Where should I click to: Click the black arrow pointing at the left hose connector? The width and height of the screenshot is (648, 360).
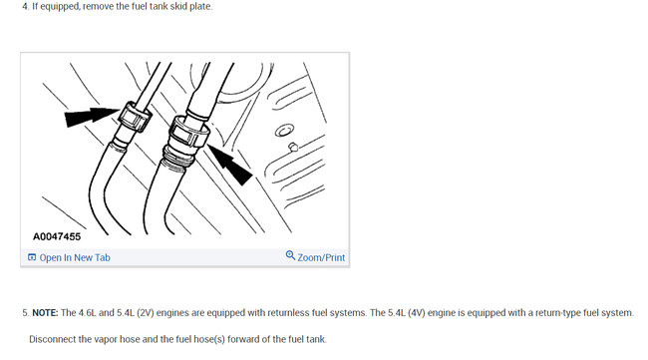(86, 118)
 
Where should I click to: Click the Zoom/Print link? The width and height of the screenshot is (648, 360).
(321, 257)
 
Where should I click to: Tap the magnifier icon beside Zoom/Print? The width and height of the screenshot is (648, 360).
(290, 256)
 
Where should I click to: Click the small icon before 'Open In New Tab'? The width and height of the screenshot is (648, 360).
(32, 257)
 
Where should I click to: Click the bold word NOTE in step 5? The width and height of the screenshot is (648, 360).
(45, 312)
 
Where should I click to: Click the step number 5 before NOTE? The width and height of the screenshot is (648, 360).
(24, 312)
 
